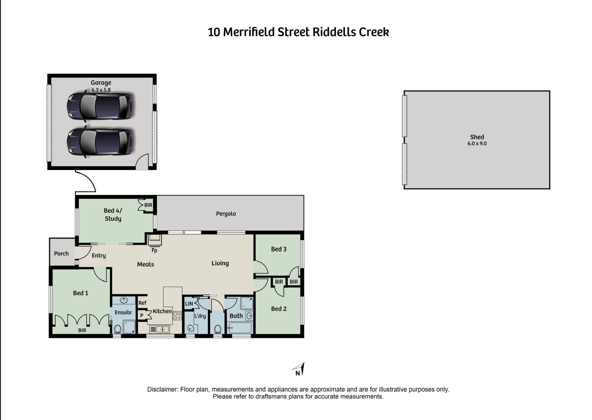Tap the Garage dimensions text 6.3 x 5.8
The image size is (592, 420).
pyautogui.click(x=101, y=90)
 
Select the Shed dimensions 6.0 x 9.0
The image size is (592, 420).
pyautogui.click(x=477, y=143)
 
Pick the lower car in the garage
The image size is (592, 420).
pyautogui.click(x=100, y=142)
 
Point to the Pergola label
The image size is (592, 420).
pyautogui.click(x=226, y=214)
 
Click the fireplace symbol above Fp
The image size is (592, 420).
pyautogui.click(x=155, y=240)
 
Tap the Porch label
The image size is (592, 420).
pyautogui.click(x=61, y=254)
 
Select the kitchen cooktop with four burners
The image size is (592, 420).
pyautogui.click(x=177, y=316)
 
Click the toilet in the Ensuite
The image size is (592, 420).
pyautogui.click(x=117, y=329)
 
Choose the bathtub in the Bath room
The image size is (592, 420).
pyautogui.click(x=239, y=328)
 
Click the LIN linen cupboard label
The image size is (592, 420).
pyautogui.click(x=189, y=304)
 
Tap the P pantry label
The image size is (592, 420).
pyautogui.click(x=142, y=316)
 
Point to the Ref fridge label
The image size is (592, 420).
pyautogui.click(x=142, y=303)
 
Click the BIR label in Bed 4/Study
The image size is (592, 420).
pyautogui.click(x=148, y=205)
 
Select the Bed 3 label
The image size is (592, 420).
pyautogui.click(x=279, y=249)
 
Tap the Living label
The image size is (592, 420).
pyautogui.click(x=220, y=263)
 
